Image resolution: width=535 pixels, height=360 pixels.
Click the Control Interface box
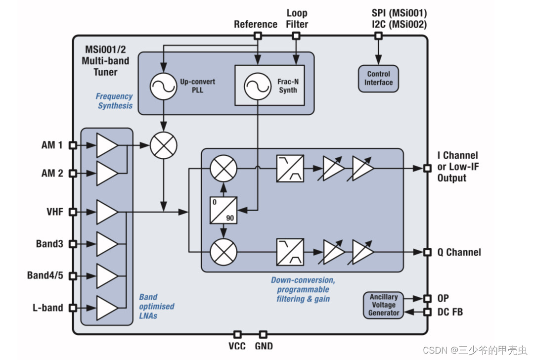378,78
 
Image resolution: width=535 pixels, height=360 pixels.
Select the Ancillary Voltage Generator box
384,305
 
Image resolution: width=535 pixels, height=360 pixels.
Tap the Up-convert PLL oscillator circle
163,86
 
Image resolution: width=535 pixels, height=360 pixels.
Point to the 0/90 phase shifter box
223,210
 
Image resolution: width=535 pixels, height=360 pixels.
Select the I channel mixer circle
223,169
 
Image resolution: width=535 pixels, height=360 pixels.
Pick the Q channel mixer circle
223,252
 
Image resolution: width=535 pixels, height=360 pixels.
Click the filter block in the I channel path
290,169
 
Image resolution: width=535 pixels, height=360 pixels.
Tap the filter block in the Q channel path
290,252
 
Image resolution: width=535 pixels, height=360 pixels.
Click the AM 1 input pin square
73,145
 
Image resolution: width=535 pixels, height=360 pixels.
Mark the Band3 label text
49,244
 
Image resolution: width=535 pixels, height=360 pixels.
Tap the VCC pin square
237,334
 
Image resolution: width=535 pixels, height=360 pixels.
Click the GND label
264,346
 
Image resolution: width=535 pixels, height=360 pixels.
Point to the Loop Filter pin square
296,36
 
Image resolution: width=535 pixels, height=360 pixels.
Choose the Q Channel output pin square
427,252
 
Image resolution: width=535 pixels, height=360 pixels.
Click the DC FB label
450,312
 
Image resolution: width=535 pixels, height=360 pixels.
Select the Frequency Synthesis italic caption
115,101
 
